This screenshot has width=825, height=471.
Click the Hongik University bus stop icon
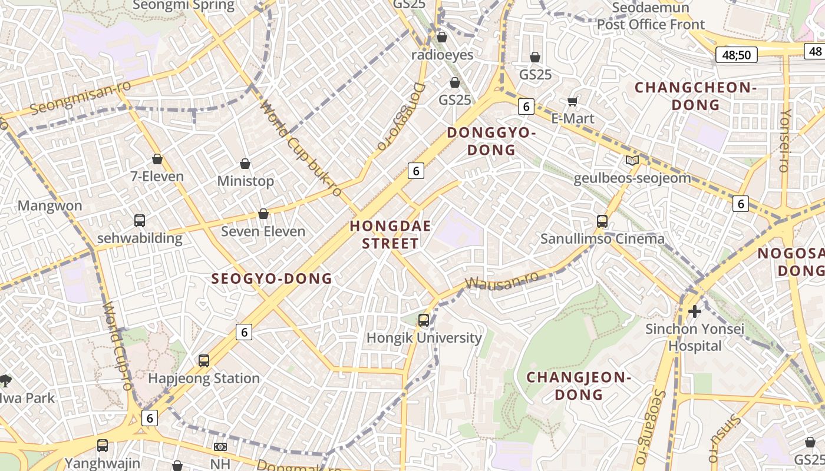(x=424, y=320)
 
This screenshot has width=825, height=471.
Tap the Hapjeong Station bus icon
(x=204, y=360)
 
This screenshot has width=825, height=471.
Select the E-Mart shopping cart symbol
(x=572, y=101)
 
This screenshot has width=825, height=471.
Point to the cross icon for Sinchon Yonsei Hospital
(x=695, y=311)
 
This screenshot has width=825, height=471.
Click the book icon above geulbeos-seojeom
(x=632, y=160)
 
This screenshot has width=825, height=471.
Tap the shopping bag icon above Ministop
(x=245, y=164)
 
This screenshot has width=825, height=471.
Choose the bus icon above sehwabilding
(x=140, y=221)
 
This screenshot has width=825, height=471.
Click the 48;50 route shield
(x=737, y=55)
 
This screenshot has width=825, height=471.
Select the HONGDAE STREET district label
(x=390, y=234)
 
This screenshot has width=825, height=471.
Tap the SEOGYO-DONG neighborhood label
(x=272, y=278)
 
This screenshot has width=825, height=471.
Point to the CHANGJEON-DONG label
(x=579, y=386)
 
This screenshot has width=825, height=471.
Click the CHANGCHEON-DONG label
(x=695, y=96)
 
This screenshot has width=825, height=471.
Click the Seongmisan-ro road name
(x=80, y=98)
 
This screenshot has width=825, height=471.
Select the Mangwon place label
(x=49, y=206)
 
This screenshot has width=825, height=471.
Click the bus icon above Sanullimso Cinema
(x=602, y=221)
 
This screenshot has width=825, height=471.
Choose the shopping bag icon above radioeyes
(x=442, y=37)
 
